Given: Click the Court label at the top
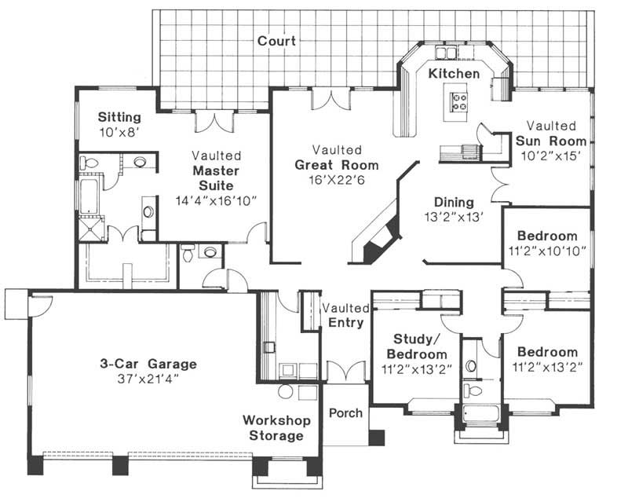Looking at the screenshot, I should pyautogui.click(x=276, y=40).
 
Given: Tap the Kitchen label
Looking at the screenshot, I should pyautogui.click(x=454, y=73).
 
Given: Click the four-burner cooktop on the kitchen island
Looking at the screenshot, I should pyautogui.click(x=458, y=101).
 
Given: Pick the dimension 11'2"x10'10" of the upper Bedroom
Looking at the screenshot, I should pyautogui.click(x=546, y=251).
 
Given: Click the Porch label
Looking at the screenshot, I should pyautogui.click(x=345, y=413).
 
